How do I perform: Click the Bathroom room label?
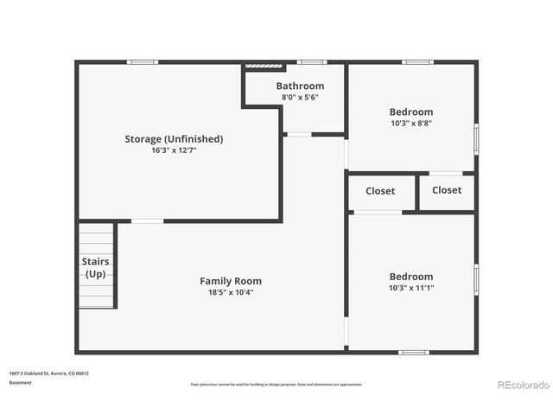tap(300, 86)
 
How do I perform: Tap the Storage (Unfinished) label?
tap(174, 138)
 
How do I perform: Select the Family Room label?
tap(231, 281)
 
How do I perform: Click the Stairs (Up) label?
tap(95, 266)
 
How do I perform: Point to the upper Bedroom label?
tap(411, 112)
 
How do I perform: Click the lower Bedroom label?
tap(411, 277)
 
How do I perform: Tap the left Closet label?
tap(380, 191)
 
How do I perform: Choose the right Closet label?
tap(447, 190)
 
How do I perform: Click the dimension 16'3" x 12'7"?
tap(174, 150)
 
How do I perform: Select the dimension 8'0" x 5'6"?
tap(300, 98)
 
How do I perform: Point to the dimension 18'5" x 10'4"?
tap(231, 292)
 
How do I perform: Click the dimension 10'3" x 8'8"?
tap(411, 124)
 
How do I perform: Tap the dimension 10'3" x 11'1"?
tap(411, 288)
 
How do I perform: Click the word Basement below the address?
tap(21, 382)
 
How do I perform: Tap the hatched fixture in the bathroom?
tap(264, 65)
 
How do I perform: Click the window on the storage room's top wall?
tap(143, 61)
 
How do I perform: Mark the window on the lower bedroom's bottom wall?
tap(413, 352)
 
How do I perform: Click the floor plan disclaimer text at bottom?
tap(276, 384)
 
